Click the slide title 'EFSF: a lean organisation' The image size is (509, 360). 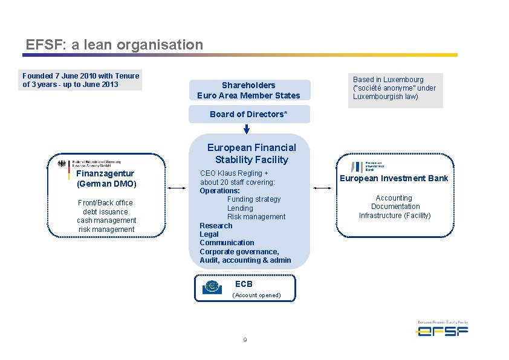coord(114,45)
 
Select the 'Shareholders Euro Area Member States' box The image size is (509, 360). coord(248,90)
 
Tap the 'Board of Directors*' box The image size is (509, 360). coord(248,114)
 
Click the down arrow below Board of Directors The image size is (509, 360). coord(247,129)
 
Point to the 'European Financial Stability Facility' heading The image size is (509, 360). coord(251,153)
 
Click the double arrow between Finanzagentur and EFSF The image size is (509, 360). coord(178,188)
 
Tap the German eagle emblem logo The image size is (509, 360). coord(61,164)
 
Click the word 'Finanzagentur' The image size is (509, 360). coord(105,174)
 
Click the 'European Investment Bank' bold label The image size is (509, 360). coord(394,178)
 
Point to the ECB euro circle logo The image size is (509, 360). coord(212,287)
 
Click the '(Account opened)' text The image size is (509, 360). coord(256,295)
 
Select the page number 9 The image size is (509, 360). coord(245,340)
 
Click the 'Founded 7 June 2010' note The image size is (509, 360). coord(81,80)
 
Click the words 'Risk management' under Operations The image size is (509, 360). coord(256,217)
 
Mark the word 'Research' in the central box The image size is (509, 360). coord(216,226)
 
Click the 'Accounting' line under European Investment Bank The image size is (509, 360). coord(394,198)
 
